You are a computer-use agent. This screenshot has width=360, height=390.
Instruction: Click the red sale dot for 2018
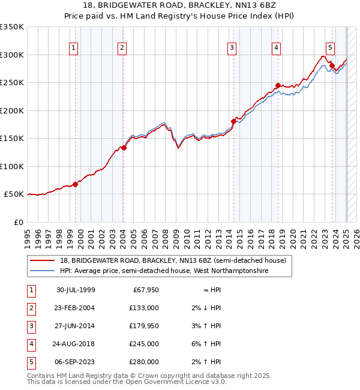pos(278,85)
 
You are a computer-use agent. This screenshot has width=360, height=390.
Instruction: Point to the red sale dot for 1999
pos(76,184)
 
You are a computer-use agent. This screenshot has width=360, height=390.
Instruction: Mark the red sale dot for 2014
pos(234,121)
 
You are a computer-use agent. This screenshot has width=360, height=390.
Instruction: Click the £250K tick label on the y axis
pos(12,82)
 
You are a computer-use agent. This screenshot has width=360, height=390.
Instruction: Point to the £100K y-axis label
pos(12,166)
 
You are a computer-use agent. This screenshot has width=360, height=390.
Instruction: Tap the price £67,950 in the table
pos(144,290)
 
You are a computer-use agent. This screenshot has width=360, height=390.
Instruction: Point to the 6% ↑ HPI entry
pos(208,344)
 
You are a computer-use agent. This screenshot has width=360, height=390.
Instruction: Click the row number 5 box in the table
pos(30,362)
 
